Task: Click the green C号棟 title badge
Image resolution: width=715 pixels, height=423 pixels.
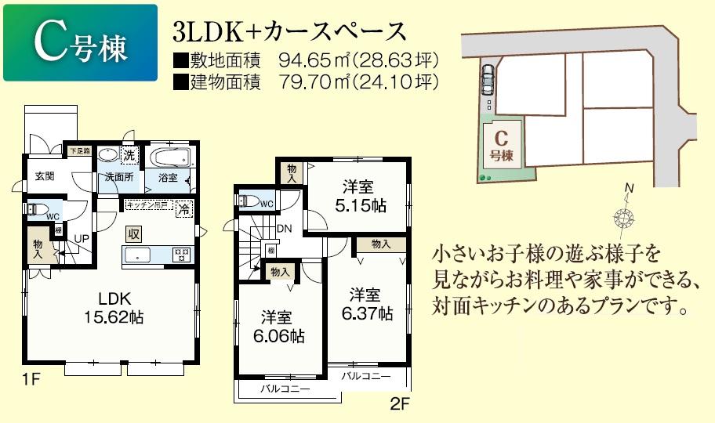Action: (x=80, y=43)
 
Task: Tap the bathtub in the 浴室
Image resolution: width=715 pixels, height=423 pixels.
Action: (x=169, y=157)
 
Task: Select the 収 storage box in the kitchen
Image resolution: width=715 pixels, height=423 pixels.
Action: (x=135, y=233)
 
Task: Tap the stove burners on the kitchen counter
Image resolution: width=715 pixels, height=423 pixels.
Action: (x=181, y=253)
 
